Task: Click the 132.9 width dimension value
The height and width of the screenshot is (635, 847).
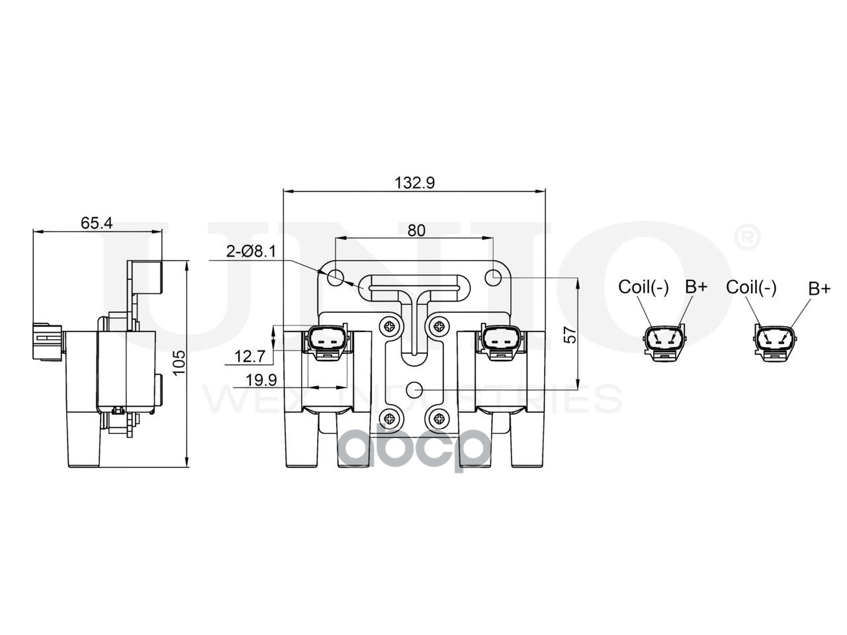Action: (416, 183)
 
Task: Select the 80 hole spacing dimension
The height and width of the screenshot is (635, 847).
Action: (416, 230)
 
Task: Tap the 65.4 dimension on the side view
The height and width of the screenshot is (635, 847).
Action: (97, 223)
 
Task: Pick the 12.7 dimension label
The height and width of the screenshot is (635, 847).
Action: (249, 357)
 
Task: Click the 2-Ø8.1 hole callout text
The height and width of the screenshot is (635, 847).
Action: (250, 251)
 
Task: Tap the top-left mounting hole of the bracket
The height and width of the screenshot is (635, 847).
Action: (336, 277)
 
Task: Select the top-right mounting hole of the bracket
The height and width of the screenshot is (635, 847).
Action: (494, 278)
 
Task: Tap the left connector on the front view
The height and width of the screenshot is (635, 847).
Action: (325, 341)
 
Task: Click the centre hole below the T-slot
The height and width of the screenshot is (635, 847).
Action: (414, 389)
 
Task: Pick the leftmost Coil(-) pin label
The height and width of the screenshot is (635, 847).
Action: (643, 287)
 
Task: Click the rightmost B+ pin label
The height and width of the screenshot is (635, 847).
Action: (819, 288)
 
